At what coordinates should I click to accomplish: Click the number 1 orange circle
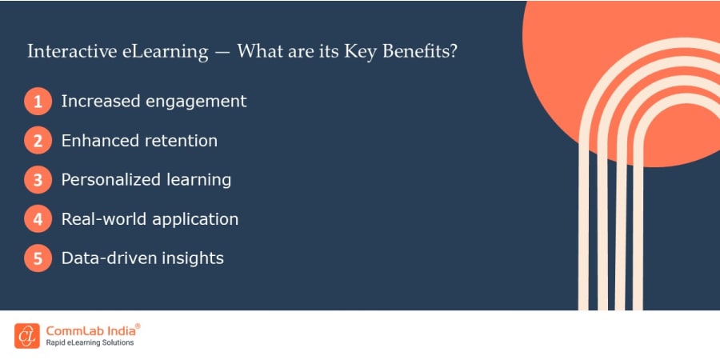pyautogui.click(x=38, y=101)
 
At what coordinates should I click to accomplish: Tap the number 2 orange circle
pyautogui.click(x=38, y=141)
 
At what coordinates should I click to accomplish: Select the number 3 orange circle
pyautogui.click(x=38, y=179)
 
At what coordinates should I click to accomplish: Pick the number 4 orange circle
pyautogui.click(x=38, y=219)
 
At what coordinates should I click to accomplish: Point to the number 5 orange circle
pyautogui.click(x=38, y=258)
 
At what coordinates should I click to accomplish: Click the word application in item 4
pyautogui.click(x=195, y=219)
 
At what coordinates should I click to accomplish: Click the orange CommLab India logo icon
pyautogui.click(x=27, y=336)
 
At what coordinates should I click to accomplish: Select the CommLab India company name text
pyautogui.click(x=90, y=331)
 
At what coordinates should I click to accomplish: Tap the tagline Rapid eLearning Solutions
pyautogui.click(x=90, y=343)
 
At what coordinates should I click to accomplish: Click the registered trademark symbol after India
pyautogui.click(x=138, y=326)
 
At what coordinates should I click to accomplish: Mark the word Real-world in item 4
pyautogui.click(x=104, y=219)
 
